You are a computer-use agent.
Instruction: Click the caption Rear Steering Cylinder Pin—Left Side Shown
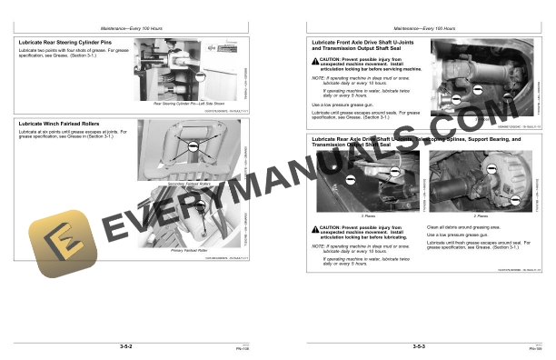186,104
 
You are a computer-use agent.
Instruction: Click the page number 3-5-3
420,346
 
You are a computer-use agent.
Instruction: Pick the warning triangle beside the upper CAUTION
313,59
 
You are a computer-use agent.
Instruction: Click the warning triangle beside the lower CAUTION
313,226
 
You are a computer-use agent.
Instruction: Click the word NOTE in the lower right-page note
316,245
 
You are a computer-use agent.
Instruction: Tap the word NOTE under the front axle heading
316,77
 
